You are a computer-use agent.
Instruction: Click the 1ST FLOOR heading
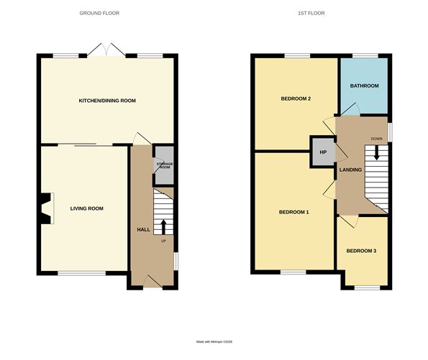[309, 13]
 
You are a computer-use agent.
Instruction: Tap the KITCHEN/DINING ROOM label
[107, 101]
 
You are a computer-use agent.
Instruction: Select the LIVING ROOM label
[87, 208]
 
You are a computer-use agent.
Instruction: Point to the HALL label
[143, 229]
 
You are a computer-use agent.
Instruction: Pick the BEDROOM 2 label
[295, 98]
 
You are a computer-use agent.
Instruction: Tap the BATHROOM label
[364, 86]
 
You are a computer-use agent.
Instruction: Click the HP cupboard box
[323, 152]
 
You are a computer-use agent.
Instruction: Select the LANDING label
[350, 170]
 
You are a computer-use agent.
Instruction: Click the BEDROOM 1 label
[293, 212]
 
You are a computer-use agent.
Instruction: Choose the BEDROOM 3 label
[361, 251]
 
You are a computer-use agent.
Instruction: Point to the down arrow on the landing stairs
[375, 155]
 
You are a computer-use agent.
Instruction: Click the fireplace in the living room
[47, 208]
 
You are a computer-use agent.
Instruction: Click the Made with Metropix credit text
[214, 342]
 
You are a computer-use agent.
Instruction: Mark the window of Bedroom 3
[366, 287]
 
